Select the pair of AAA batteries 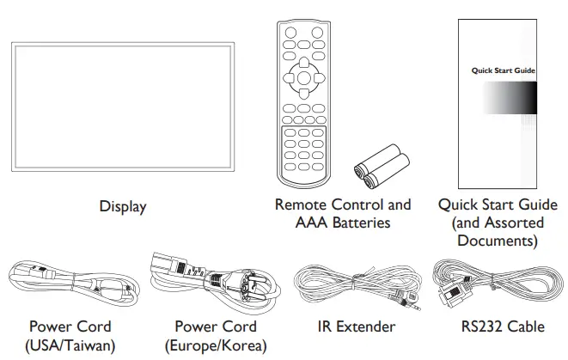(x=379, y=168)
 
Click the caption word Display (x=122, y=206)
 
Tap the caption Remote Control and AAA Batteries (x=343, y=214)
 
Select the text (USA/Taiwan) (x=70, y=345)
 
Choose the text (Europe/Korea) (x=215, y=345)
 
